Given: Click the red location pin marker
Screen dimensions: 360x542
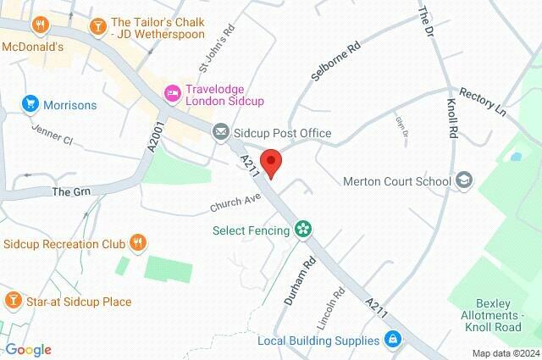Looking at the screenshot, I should tap(271, 161).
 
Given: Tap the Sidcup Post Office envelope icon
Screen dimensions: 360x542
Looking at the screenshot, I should tap(220, 133).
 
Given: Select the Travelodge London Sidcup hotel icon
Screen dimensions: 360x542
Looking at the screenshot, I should tap(173, 92).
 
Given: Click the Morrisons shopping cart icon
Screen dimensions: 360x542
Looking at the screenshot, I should tap(30, 105).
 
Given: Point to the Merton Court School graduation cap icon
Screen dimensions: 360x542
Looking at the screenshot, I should tap(463, 180).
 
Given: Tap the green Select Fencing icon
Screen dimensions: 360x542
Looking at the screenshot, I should tap(303, 230).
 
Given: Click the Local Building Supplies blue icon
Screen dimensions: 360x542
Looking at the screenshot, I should tap(392, 341).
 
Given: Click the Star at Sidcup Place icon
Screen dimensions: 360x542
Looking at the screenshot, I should tap(13, 301).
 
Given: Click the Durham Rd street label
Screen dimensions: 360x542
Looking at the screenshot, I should tap(298, 282).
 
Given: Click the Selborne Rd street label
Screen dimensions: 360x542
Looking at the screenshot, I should tap(336, 60).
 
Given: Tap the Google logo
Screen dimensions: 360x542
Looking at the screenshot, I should tap(28, 350).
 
